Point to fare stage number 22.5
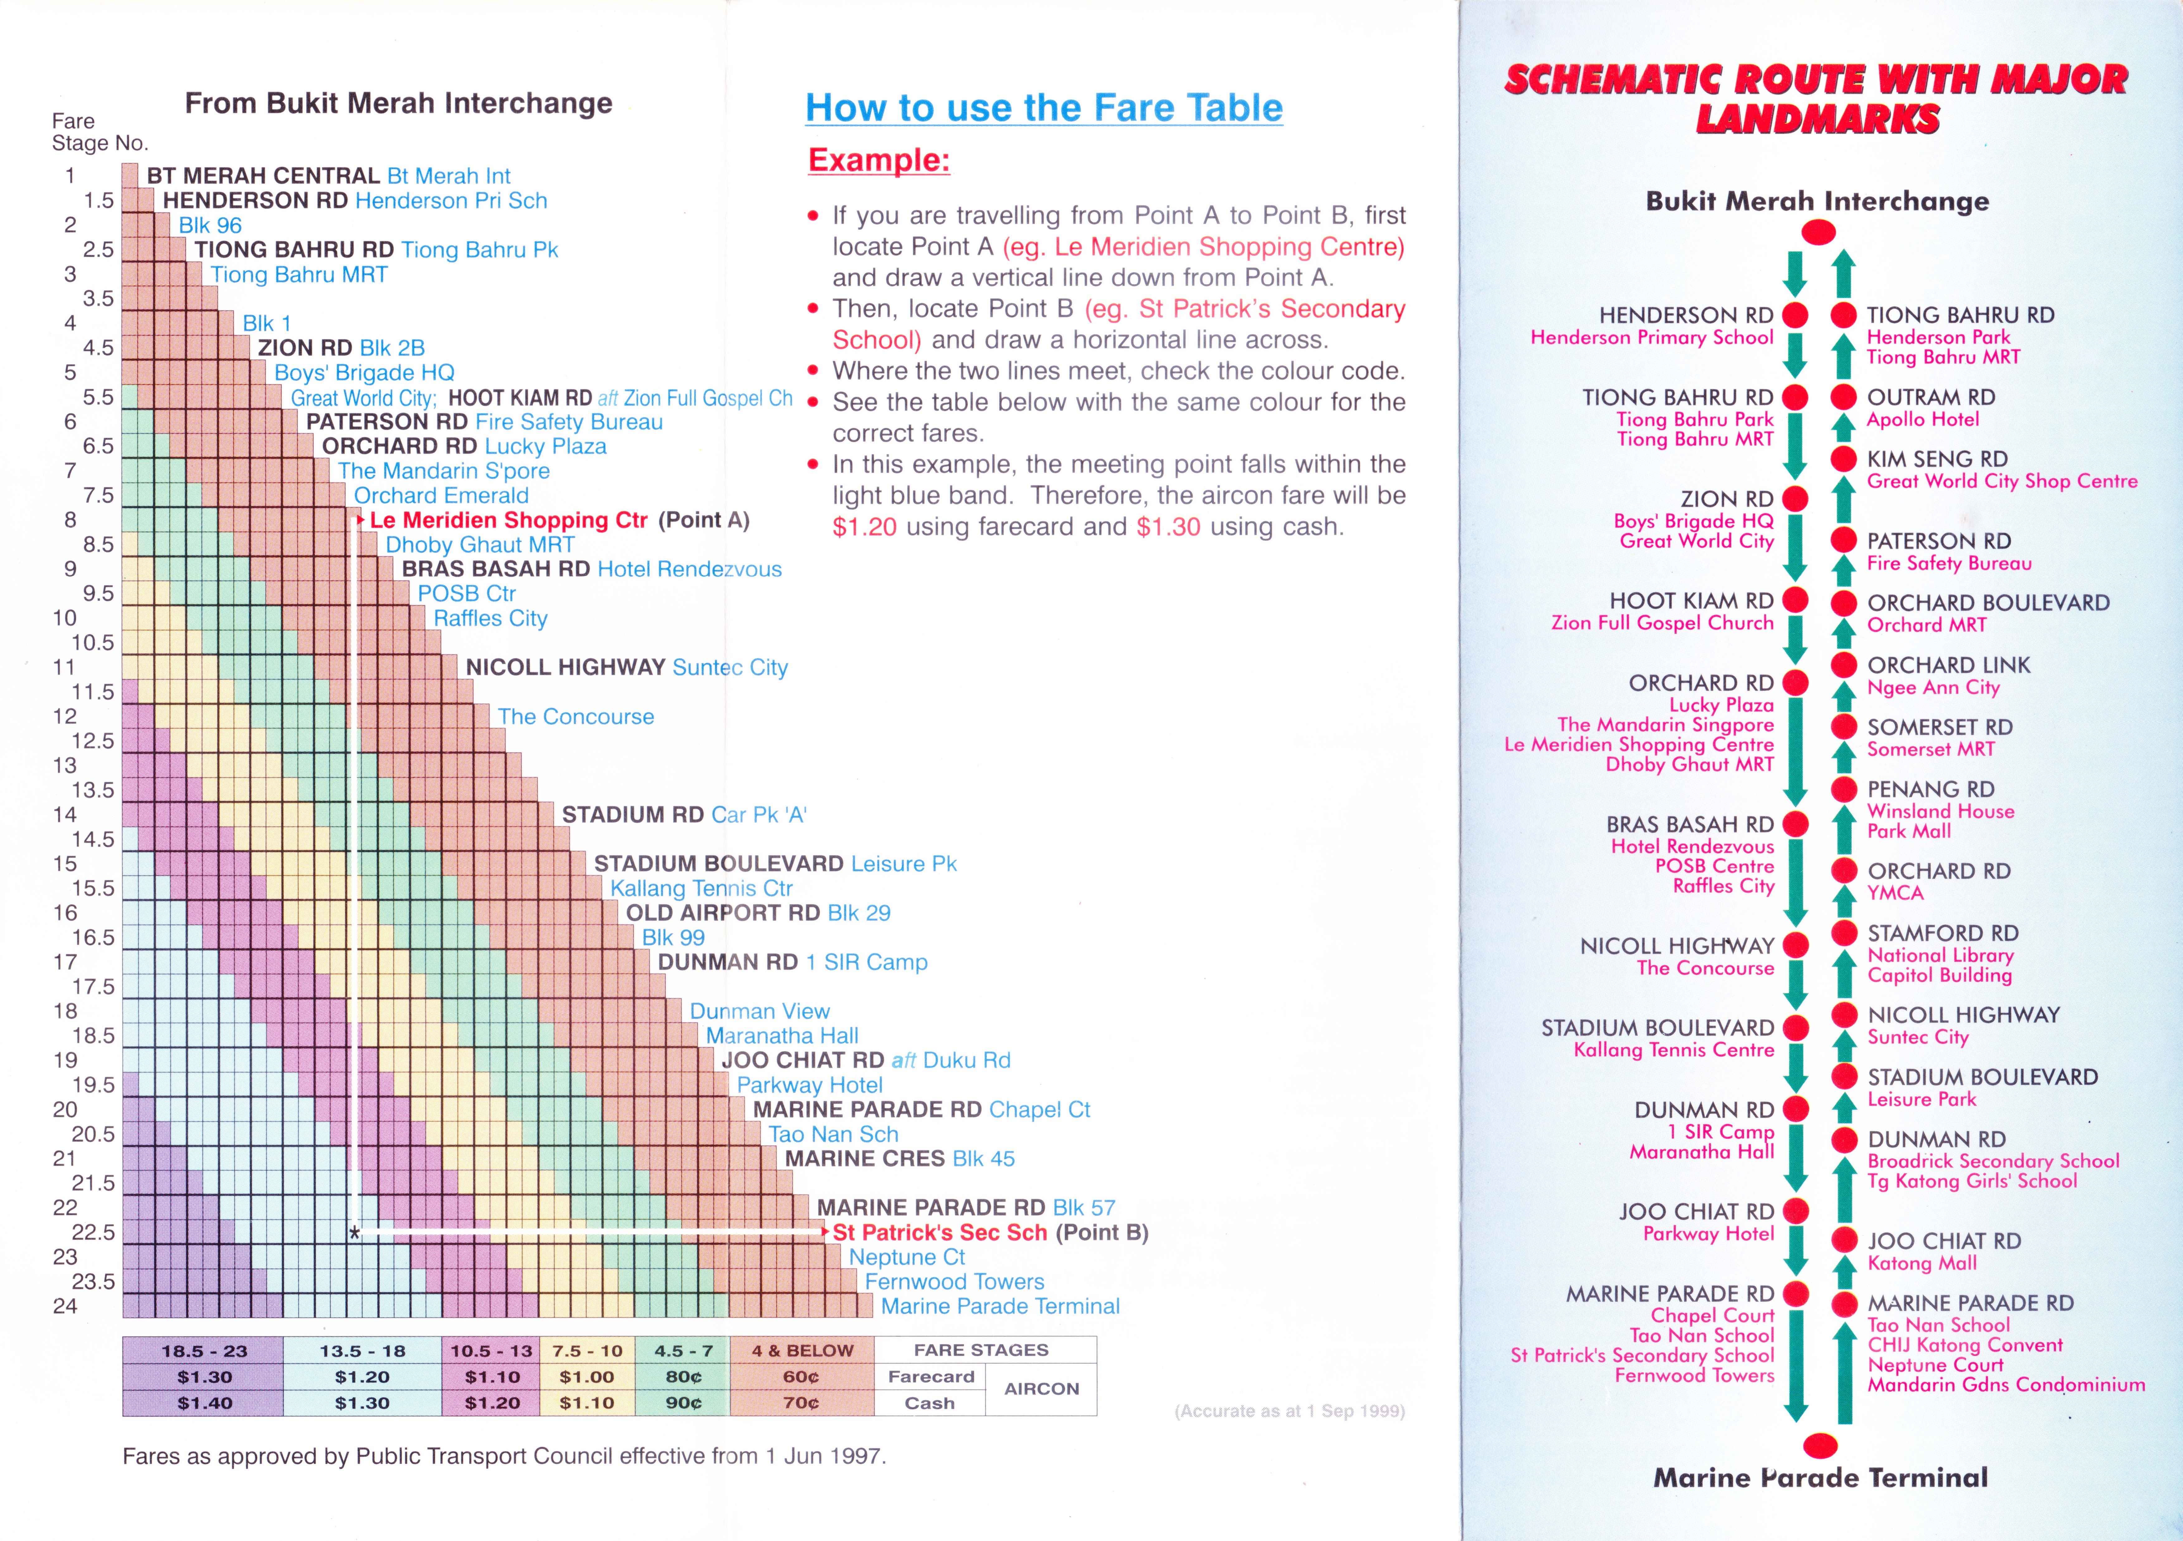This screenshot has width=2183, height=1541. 93,1233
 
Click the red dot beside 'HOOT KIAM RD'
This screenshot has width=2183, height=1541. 1795,600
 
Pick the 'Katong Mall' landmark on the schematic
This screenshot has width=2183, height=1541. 1922,1263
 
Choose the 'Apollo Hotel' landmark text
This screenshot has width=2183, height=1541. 1923,419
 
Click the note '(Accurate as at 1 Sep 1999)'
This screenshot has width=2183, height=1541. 1289,1411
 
